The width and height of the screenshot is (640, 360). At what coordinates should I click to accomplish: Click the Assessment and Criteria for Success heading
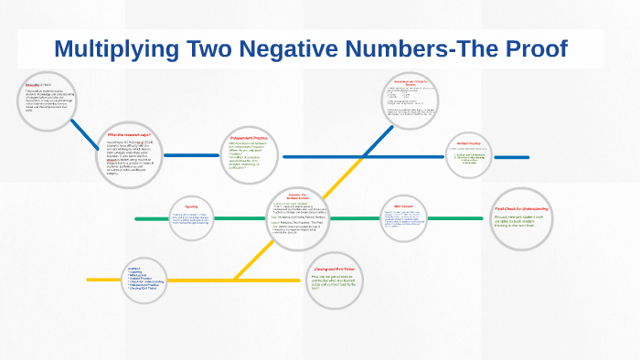(411, 80)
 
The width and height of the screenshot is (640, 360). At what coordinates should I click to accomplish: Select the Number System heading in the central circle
(296, 198)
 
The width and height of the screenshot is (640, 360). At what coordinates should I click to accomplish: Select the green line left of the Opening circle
(150, 218)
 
